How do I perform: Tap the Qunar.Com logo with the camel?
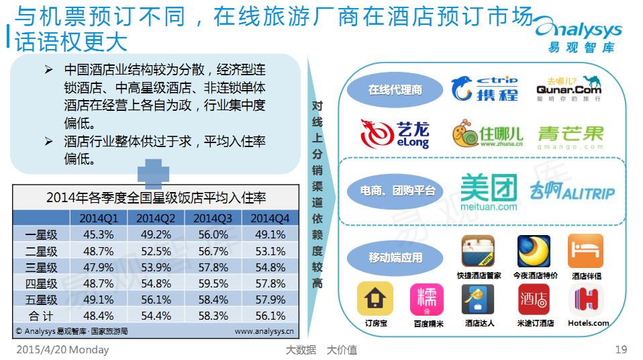pos(568,88)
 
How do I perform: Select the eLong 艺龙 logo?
pos(395,134)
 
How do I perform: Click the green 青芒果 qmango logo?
pos(571,138)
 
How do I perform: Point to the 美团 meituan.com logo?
pos(489,192)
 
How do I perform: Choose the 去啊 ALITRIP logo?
pos(572,191)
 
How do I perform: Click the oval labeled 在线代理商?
pos(395,90)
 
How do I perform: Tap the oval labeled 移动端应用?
pos(395,258)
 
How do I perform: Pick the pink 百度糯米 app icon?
pos(427,300)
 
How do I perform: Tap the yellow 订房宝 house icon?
pos(375,298)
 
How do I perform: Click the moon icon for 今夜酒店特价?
pos(534,251)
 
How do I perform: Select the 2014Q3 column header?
pos(213,218)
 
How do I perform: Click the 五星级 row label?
pos(42,300)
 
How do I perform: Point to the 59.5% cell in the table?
pos(213,283)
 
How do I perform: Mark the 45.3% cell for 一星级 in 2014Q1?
pos(99,234)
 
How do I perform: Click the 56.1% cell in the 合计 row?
pos(270,316)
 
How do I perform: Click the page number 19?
pos(621,349)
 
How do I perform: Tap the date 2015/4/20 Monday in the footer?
pos(62,350)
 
